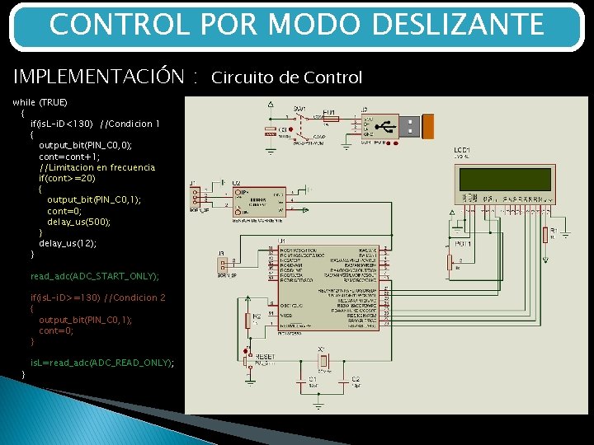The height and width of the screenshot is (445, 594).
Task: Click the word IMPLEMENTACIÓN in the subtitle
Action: point(98,77)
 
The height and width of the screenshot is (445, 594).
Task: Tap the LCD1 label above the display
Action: point(462,151)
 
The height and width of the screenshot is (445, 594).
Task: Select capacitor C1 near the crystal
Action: point(301,380)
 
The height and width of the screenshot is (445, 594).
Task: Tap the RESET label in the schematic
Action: point(266,356)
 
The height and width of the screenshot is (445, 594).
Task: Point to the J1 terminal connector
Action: point(196,198)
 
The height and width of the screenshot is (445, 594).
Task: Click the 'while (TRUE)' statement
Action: point(40,102)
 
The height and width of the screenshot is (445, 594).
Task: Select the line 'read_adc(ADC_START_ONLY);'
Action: point(94,276)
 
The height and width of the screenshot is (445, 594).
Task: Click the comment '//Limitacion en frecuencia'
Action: point(97,167)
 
